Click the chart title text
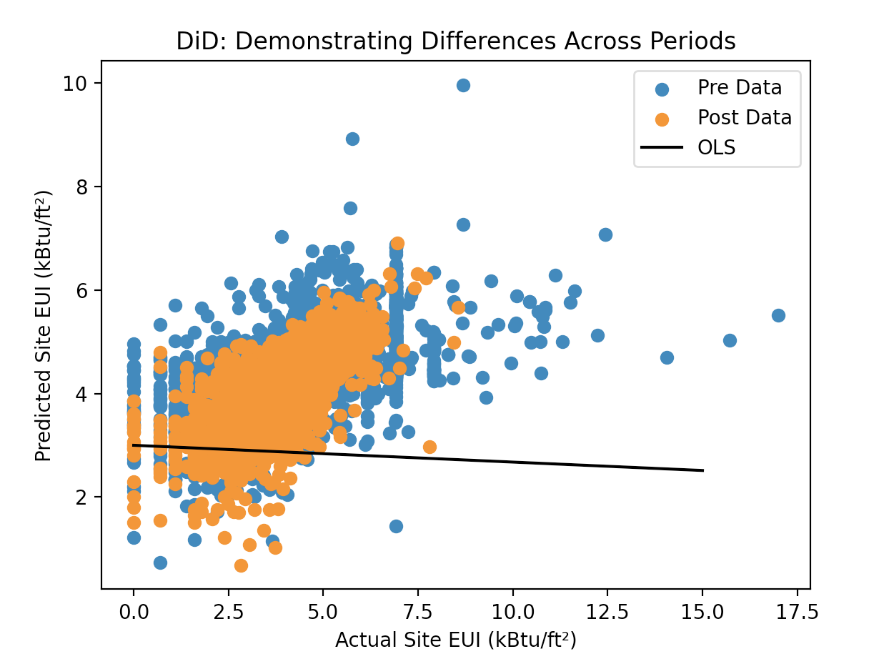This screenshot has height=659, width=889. (x=456, y=41)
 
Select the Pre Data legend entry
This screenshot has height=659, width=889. (x=740, y=88)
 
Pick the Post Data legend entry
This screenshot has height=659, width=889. (x=745, y=118)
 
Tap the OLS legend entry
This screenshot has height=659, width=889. (x=717, y=148)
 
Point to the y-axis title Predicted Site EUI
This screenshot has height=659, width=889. (x=44, y=325)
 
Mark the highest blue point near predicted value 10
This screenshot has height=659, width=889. (x=463, y=85)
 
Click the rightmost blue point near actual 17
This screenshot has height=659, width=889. (x=778, y=315)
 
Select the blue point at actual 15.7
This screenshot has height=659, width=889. (x=730, y=340)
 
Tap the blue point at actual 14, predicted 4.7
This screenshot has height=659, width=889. (x=667, y=357)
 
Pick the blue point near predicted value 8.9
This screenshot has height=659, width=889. (x=352, y=139)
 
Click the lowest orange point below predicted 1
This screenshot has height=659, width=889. (x=241, y=565)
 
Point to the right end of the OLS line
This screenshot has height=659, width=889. (x=703, y=470)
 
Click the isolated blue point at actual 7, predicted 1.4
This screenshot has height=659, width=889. (x=396, y=526)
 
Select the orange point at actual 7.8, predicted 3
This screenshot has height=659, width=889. (x=429, y=447)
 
